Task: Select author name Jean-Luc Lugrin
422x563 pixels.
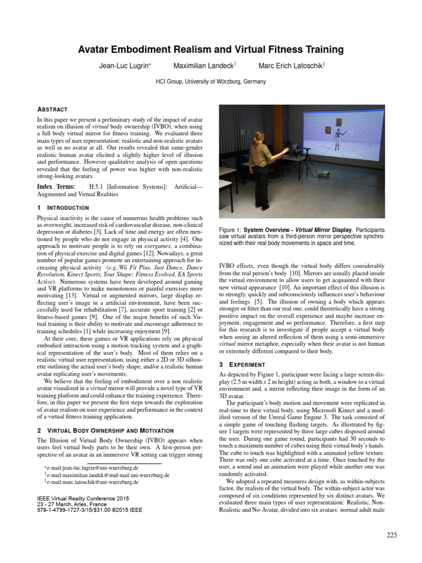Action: tap(124, 66)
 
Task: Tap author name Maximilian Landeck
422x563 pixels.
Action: tap(204, 66)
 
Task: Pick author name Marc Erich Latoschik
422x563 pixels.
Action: tap(291, 66)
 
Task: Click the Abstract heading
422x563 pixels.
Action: tap(52, 109)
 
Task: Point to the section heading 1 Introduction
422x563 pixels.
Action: tap(63, 208)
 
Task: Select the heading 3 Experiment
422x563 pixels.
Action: tap(242, 365)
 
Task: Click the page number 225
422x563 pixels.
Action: tap(391, 535)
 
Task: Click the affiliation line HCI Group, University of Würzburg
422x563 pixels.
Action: tap(211, 82)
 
